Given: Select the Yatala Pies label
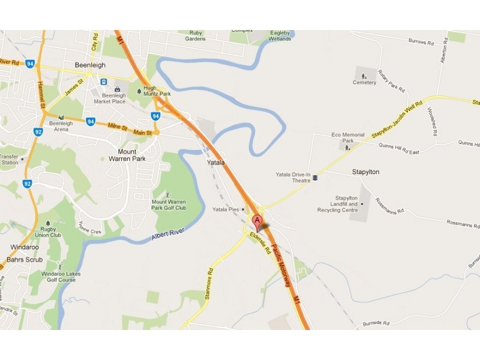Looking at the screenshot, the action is click(x=226, y=209).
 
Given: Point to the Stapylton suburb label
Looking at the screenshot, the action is click(x=365, y=172).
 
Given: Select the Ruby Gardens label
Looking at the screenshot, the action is click(x=196, y=36).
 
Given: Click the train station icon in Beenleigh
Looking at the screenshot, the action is click(x=104, y=82).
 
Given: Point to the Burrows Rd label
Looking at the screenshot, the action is click(x=420, y=42).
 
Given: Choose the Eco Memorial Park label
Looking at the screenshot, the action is click(x=348, y=138).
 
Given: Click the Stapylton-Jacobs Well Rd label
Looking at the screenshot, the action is click(x=401, y=117).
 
